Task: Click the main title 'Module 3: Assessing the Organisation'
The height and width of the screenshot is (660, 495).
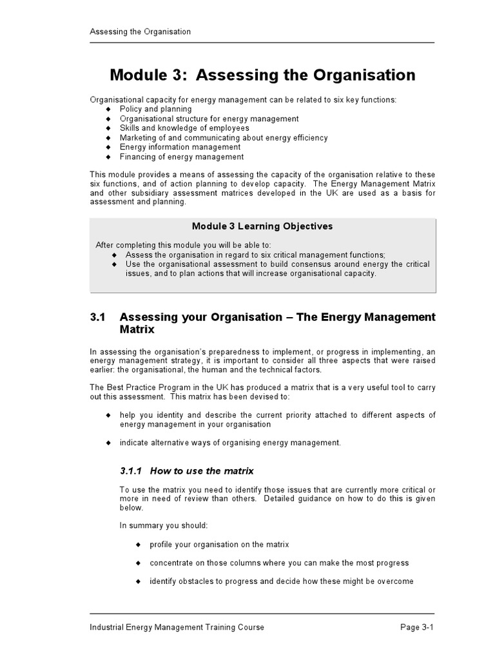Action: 262,75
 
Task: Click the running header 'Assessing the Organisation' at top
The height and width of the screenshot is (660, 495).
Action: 140,32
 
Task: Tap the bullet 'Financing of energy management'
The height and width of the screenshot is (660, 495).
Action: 182,157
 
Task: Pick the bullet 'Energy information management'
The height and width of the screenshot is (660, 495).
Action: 180,147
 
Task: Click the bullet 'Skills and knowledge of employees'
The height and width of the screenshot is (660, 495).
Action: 184,128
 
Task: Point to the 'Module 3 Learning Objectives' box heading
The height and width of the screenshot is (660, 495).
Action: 262,226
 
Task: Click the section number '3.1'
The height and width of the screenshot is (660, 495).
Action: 97,317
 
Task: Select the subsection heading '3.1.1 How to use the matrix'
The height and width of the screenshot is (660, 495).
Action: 187,471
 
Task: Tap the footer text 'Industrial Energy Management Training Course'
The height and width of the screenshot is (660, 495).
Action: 177,627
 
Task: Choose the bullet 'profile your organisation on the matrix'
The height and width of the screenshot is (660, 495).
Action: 219,544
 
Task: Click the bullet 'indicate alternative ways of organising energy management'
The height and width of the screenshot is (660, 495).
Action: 230,443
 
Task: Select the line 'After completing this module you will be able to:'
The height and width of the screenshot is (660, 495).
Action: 184,245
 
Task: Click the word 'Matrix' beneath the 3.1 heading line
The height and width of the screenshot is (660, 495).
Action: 137,329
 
